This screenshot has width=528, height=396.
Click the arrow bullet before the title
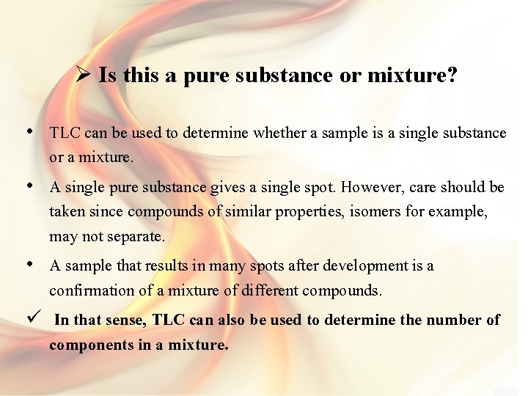tap(82, 75)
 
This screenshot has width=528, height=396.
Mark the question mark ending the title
tap(450, 75)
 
